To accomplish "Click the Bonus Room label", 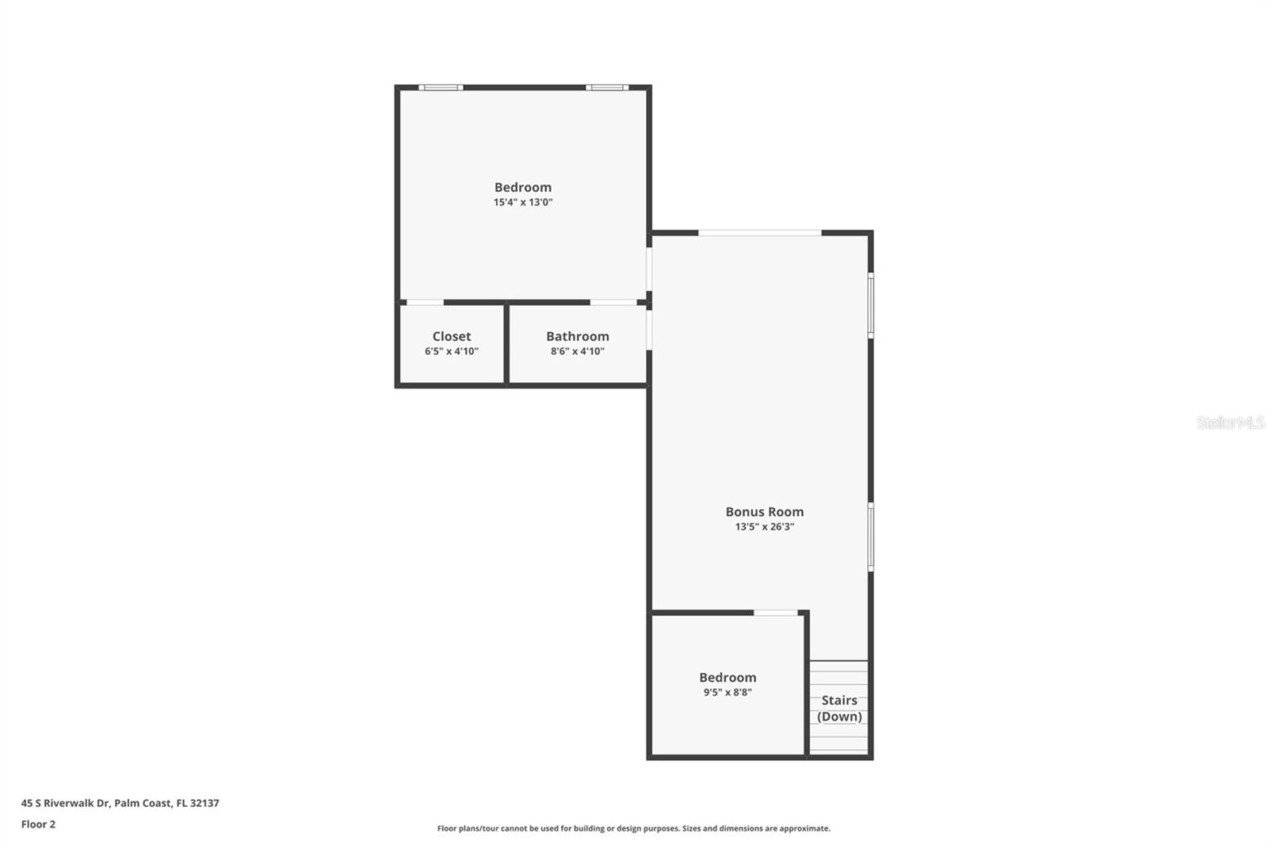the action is coord(764,511).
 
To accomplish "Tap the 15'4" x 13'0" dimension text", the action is coord(522,202).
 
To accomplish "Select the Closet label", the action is coord(451,336).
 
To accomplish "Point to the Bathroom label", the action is coord(578,336).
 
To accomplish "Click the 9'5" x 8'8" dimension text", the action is coord(728,692).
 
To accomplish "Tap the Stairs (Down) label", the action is coord(839,709).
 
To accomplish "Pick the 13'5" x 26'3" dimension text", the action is coord(764,526).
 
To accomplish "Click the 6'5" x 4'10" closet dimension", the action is coord(451,351).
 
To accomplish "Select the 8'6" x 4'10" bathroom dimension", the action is coord(578,351).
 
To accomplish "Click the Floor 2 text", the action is coord(39,824).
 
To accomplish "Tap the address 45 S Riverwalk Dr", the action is coord(65,802).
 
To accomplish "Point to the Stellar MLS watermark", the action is coord(1230,422).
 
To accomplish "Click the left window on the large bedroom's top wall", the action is coord(441,87).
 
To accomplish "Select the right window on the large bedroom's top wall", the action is coord(606,87).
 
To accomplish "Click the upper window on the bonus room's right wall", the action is coord(871,306).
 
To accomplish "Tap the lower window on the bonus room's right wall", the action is coord(871,537).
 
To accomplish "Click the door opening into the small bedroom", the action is coord(776,612).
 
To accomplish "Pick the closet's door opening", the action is coord(425,303).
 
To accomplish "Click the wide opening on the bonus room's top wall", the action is coord(760,233).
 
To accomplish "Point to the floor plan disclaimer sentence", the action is coord(633,828).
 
